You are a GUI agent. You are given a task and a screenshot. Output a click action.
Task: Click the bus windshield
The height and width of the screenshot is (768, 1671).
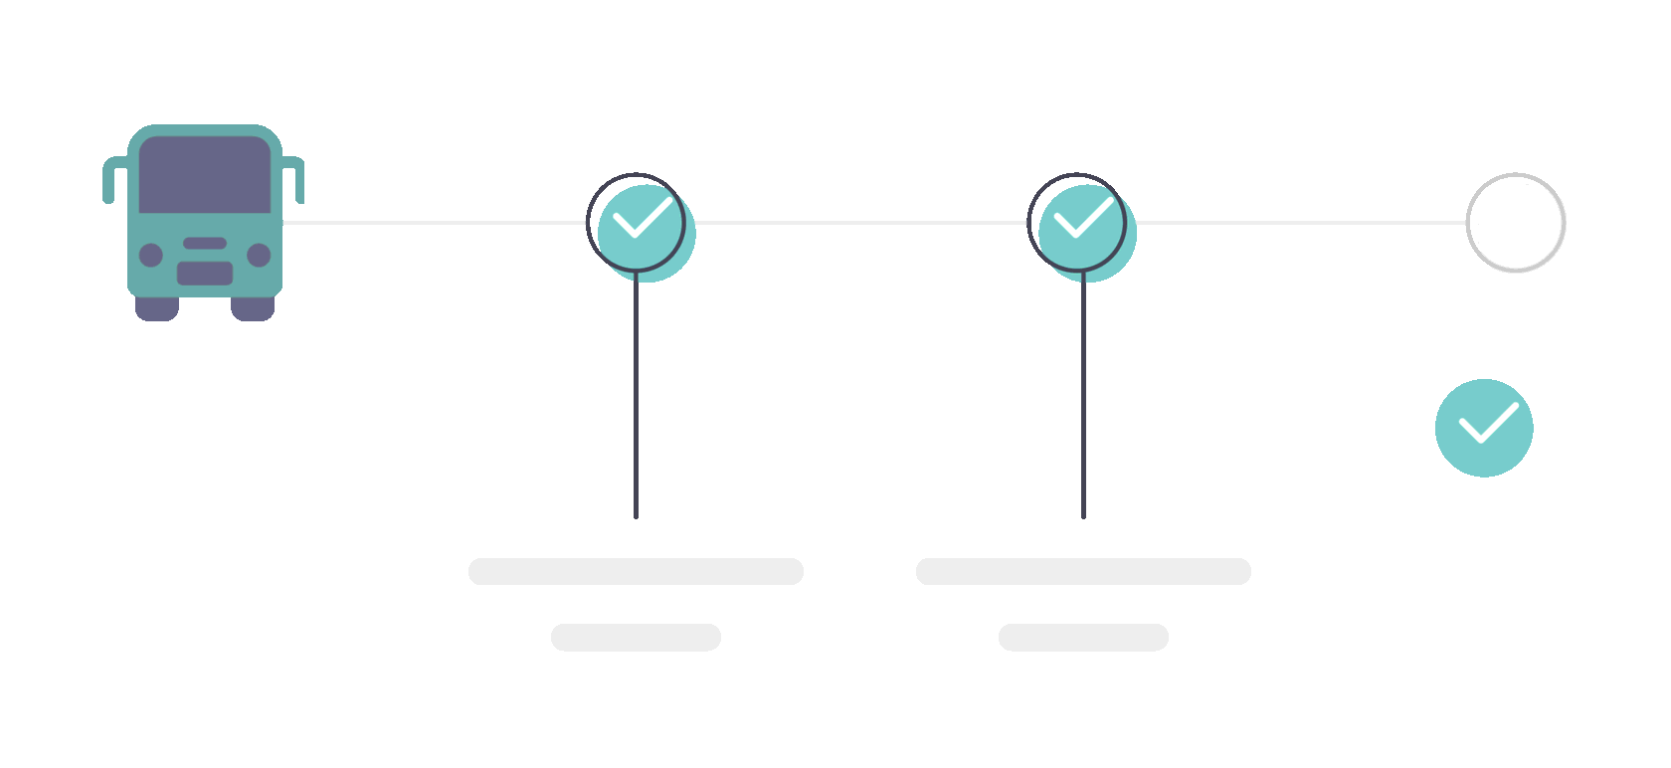point(205,175)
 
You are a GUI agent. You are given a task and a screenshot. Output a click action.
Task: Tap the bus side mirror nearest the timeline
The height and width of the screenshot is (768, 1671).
point(295,179)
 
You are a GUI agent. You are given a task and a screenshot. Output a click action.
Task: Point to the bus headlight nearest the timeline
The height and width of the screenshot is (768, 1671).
point(259,256)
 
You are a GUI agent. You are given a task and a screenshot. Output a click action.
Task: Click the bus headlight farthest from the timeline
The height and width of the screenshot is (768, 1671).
point(151,256)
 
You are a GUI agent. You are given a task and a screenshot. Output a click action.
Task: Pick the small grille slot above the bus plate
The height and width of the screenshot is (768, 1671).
point(205,243)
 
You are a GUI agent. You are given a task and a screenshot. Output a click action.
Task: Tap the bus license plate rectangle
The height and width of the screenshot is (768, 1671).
point(205,273)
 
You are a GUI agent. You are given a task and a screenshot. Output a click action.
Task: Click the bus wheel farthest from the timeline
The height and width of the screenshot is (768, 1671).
point(156,308)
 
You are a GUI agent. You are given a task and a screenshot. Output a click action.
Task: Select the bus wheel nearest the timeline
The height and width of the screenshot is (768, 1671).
point(253,308)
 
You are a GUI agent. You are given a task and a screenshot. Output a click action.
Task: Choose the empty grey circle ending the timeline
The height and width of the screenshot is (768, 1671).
point(1515,223)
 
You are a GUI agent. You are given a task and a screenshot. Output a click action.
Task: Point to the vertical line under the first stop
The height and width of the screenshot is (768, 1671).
point(636,398)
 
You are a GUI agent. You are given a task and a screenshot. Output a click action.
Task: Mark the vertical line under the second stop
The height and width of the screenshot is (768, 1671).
point(1083,398)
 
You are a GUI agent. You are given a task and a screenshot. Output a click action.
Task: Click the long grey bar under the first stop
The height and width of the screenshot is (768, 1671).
point(636,571)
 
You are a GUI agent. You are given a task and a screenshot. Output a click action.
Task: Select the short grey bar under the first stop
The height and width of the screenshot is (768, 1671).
point(636,637)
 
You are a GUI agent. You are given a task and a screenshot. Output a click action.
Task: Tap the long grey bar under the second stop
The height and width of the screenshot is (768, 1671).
point(1083,571)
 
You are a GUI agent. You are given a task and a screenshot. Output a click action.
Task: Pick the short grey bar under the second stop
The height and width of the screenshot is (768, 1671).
point(1083,637)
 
